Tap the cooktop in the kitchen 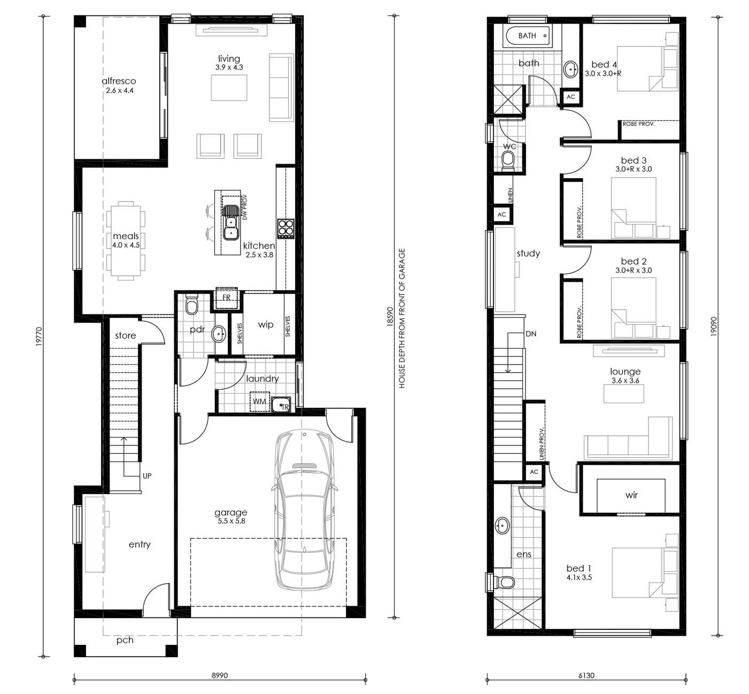coord(286,228)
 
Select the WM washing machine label coord(259,402)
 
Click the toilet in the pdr coord(191,305)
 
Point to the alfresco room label coord(119,81)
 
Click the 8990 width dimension coord(220,675)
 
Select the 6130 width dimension coord(586,675)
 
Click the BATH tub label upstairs coord(527,36)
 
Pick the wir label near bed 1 coord(631,495)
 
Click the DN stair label coord(531,334)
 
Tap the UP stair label coord(147,476)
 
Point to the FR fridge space coord(226,298)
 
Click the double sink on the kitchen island coord(231,222)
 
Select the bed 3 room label coord(634,160)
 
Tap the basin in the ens coord(502,526)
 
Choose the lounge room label coord(626,372)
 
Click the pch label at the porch coord(125,641)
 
